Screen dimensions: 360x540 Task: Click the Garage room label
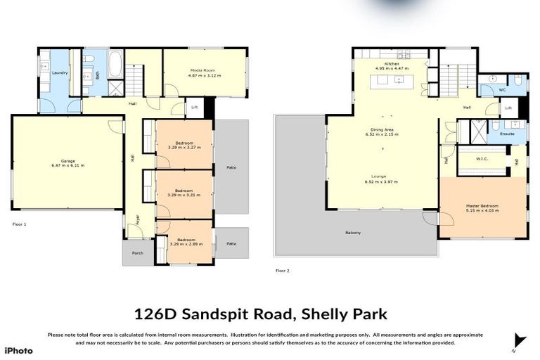(67, 161)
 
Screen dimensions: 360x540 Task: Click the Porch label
(137, 253)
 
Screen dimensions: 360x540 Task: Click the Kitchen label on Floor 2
(392, 65)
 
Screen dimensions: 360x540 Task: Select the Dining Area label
(382, 130)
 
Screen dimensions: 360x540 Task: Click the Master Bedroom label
(482, 206)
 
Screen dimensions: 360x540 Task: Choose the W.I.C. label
(482, 158)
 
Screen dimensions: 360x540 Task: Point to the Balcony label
(353, 233)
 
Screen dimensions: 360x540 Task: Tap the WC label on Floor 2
(502, 90)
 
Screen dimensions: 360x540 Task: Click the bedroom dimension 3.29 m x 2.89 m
(186, 244)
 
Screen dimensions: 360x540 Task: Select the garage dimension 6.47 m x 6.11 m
(67, 165)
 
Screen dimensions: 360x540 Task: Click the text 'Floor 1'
(19, 224)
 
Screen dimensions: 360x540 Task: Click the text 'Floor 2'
(282, 270)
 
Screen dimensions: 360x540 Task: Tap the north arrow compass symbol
(519, 341)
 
